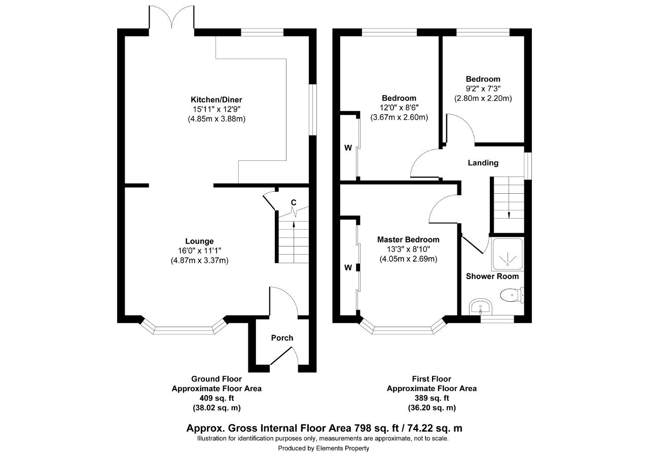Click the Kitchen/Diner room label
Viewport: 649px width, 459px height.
216,100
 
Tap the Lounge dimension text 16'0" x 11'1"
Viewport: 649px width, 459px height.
199,251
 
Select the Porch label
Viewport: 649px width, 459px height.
282,338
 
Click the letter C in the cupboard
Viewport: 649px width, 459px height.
294,202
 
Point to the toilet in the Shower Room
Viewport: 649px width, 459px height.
512,295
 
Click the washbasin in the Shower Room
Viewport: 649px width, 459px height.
480,306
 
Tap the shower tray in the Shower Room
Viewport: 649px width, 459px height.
508,254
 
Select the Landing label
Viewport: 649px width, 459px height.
483,163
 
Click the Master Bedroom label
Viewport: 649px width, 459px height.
408,239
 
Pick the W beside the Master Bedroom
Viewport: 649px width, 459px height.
348,267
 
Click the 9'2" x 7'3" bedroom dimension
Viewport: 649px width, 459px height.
483,89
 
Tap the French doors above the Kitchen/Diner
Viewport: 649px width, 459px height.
172,17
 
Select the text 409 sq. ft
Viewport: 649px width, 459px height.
217,398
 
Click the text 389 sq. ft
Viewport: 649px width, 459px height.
431,398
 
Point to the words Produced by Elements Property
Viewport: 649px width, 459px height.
323,448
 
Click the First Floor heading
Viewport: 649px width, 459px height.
431,379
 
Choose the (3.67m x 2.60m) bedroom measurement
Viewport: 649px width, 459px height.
399,117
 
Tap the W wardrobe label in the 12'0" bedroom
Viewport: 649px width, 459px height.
348,148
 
